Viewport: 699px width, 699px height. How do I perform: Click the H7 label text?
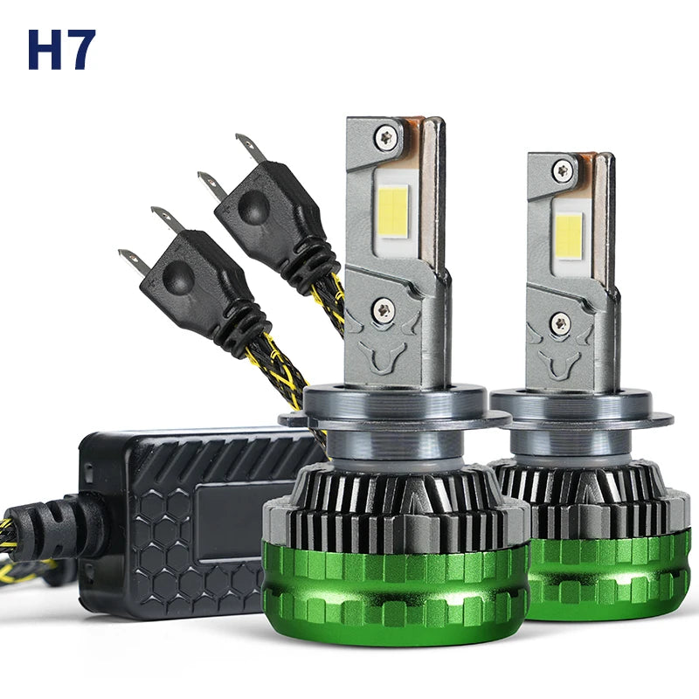(61, 50)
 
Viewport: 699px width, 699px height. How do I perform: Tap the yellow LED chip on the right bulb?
(570, 234)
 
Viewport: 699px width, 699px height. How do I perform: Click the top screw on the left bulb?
(385, 135)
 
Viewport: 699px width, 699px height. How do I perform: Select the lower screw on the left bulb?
(383, 309)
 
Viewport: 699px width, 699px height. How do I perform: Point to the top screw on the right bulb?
(563, 170)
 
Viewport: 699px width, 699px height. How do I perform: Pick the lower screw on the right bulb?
(559, 323)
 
